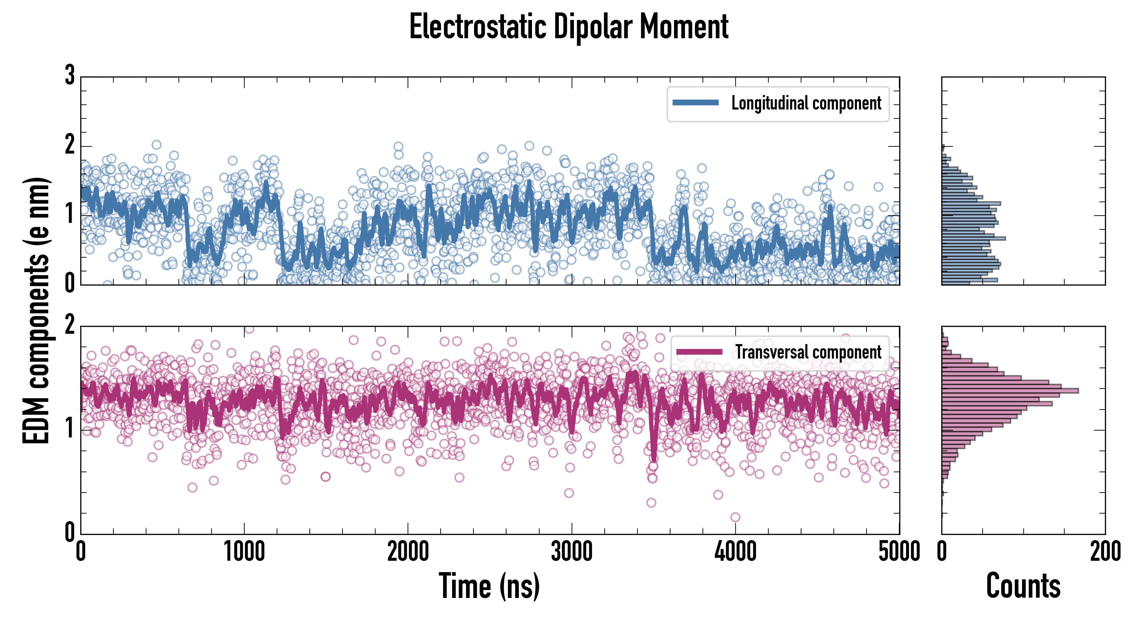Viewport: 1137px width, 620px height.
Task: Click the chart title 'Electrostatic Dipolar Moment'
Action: tap(568, 27)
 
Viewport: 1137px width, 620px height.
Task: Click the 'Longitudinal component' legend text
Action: tap(806, 103)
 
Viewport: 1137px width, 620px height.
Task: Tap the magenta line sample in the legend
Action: tap(699, 352)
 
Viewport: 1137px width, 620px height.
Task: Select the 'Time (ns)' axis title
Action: tap(489, 586)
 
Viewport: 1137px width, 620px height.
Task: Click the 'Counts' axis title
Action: tap(1023, 586)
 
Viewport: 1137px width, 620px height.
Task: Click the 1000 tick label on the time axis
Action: tap(244, 551)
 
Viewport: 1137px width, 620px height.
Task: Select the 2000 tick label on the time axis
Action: tap(408, 551)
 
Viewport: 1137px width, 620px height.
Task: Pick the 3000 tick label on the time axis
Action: tap(572, 551)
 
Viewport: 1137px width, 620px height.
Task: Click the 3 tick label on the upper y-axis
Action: tap(70, 76)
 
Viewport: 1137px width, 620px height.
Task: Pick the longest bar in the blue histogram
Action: tap(973, 238)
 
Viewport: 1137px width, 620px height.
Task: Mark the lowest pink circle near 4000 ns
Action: tap(735, 517)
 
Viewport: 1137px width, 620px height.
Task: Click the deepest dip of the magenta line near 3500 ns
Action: tap(654, 459)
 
